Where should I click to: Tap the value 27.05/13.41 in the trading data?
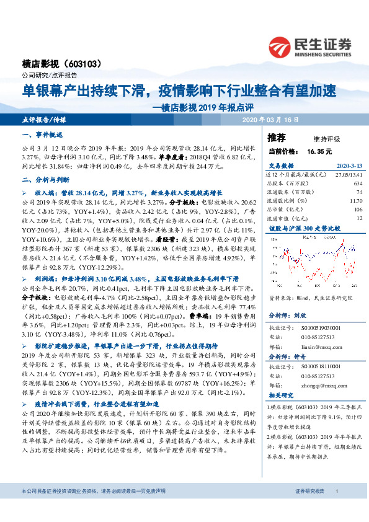click(x=346, y=175)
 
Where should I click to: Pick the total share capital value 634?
click(x=357, y=184)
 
